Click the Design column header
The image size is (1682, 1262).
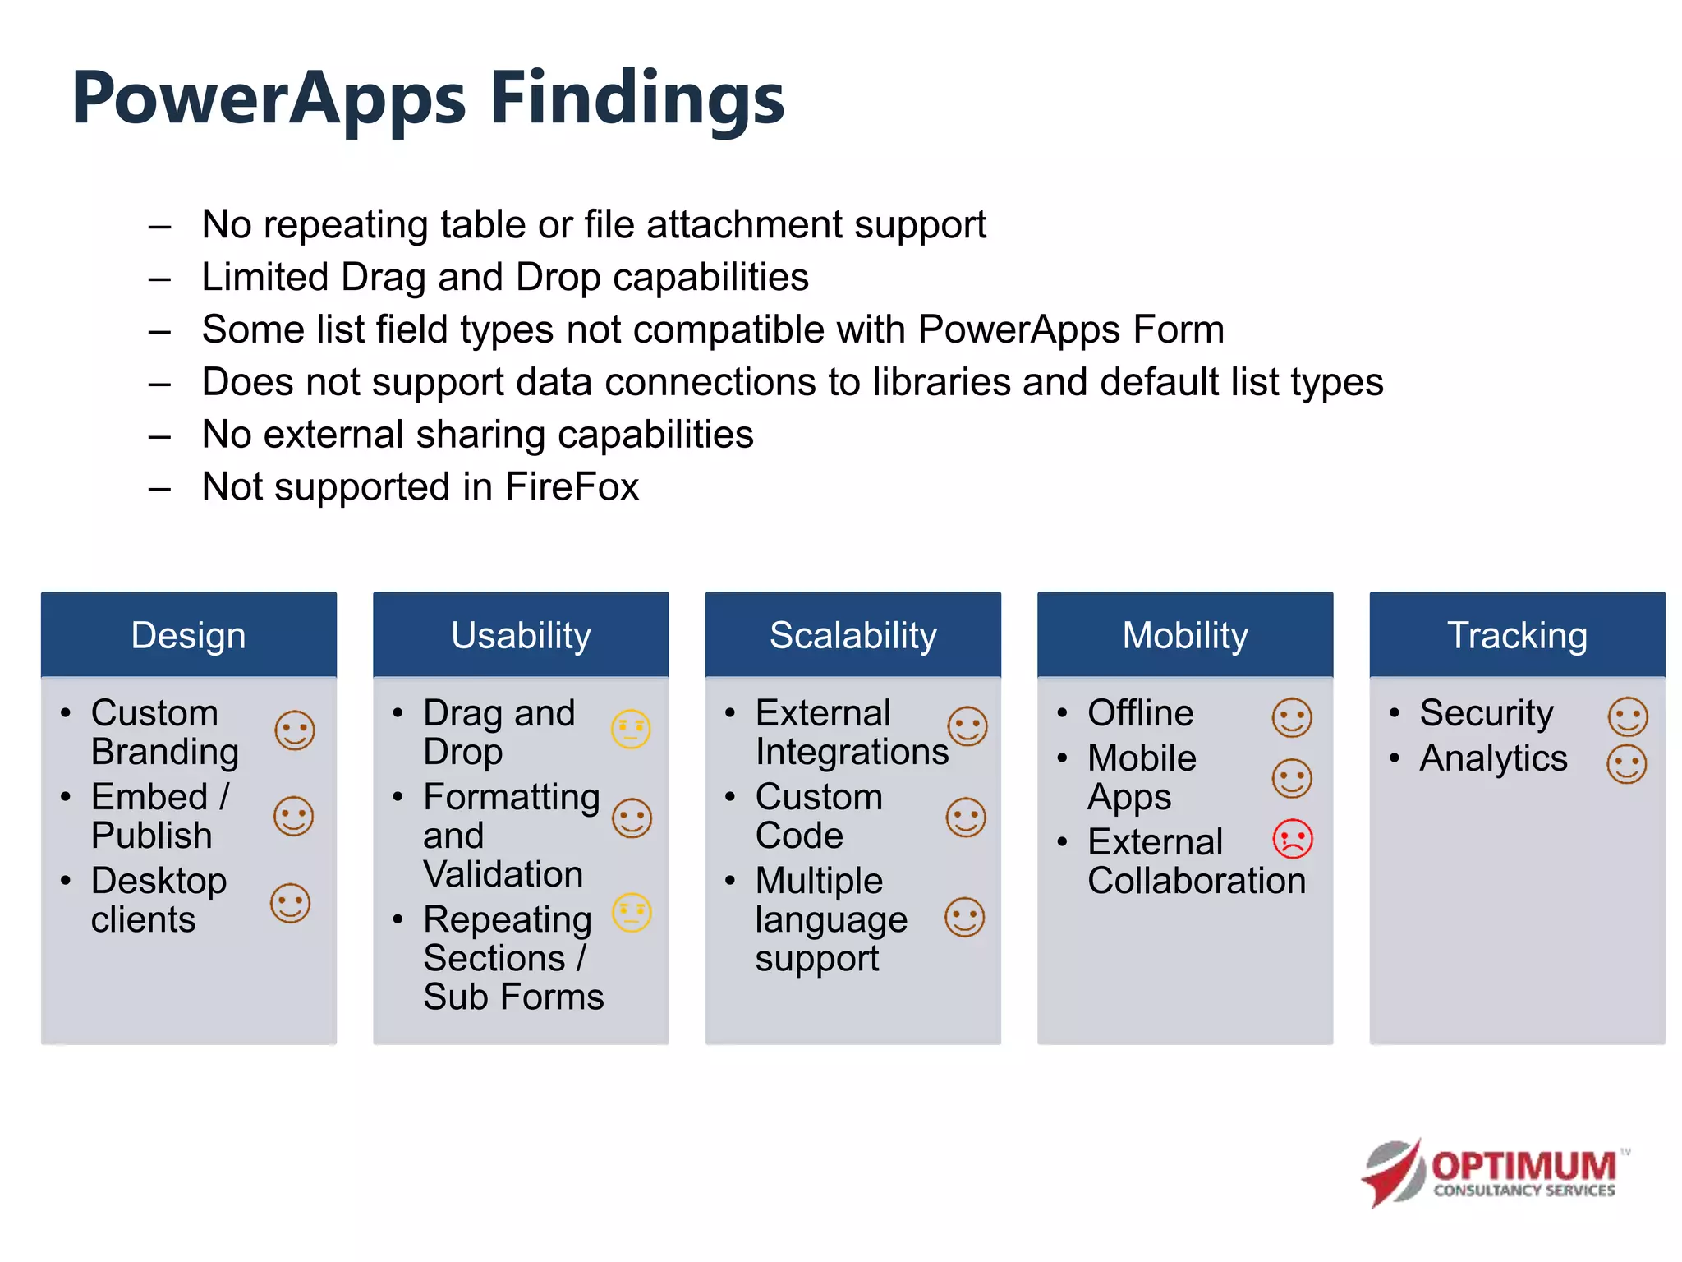click(x=188, y=635)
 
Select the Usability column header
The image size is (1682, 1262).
click(x=521, y=635)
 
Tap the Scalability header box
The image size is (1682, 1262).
click(x=852, y=635)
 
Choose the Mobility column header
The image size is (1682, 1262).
click(x=1184, y=635)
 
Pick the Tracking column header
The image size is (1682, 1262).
click(x=1517, y=635)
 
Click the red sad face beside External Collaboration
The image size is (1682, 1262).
click(x=1292, y=839)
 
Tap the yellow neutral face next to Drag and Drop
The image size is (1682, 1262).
click(x=631, y=729)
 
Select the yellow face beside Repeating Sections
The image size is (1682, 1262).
click(x=632, y=912)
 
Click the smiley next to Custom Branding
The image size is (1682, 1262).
click(x=294, y=730)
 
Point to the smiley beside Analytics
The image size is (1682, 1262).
click(x=1626, y=764)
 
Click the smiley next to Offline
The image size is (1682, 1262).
click(x=1291, y=717)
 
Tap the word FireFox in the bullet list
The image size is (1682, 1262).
click(x=572, y=486)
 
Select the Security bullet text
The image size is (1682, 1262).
click(x=1486, y=712)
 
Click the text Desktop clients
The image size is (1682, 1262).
click(x=158, y=900)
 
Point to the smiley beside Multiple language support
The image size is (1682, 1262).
click(x=964, y=917)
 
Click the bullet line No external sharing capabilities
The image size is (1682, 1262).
click(x=477, y=434)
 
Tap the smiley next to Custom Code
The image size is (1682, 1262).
click(x=965, y=818)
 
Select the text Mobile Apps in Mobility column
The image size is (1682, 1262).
click(x=1141, y=776)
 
